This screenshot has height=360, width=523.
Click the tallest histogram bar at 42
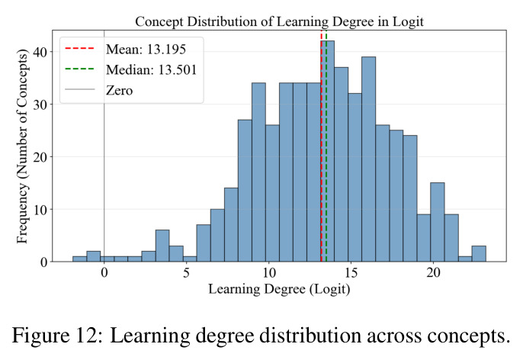pyautogui.click(x=328, y=151)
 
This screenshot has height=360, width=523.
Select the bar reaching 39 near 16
pyautogui.click(x=368, y=159)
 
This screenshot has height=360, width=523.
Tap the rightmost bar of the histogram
pyautogui.click(x=479, y=254)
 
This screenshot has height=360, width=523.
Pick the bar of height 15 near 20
pyautogui.click(x=438, y=222)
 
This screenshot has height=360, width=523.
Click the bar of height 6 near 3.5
pyautogui.click(x=162, y=246)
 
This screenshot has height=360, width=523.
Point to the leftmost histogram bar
pyautogui.click(x=80, y=259)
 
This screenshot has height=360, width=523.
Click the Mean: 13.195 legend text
pyautogui.click(x=146, y=50)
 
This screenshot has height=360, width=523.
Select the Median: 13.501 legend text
pyautogui.click(x=152, y=69)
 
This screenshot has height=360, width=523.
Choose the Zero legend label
pyautogui.click(x=119, y=91)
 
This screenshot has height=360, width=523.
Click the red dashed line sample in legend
pyautogui.click(x=80, y=49)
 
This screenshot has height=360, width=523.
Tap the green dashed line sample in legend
pyautogui.click(x=80, y=69)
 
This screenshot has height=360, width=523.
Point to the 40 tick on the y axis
pyautogui.click(x=40, y=52)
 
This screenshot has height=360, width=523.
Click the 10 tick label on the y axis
pyautogui.click(x=40, y=210)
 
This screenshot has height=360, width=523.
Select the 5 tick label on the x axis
pyautogui.click(x=186, y=273)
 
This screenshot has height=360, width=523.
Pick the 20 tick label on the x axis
pyautogui.click(x=433, y=273)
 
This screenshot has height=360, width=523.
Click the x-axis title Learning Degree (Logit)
pyautogui.click(x=279, y=289)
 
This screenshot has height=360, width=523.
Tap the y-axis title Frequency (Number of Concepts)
pyautogui.click(x=22, y=146)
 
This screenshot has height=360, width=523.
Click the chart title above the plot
pyautogui.click(x=280, y=21)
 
